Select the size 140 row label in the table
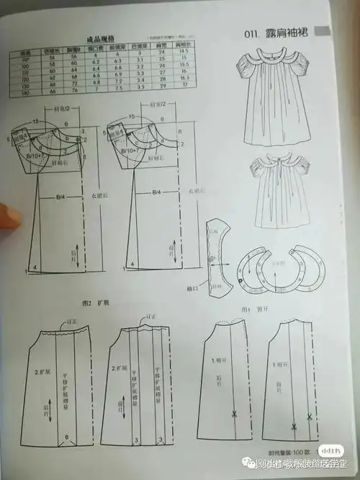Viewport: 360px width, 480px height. [x=26, y=93]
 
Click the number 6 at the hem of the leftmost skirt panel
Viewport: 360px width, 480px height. [x=67, y=437]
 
